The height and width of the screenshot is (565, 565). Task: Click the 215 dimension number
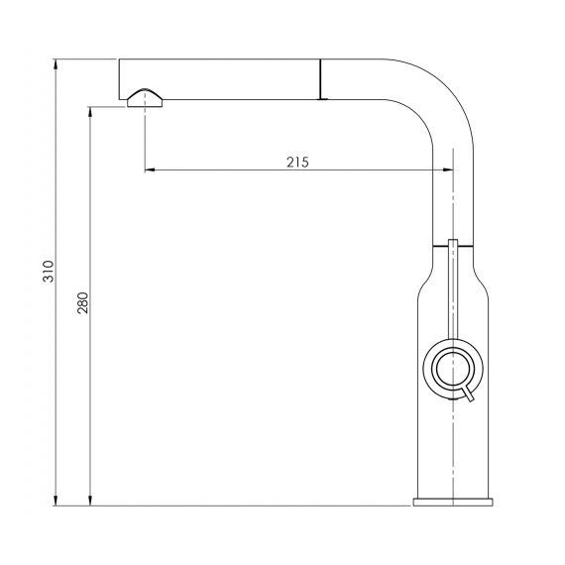(x=297, y=163)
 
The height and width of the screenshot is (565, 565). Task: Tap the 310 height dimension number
(x=49, y=272)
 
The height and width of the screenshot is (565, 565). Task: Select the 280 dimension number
(x=83, y=302)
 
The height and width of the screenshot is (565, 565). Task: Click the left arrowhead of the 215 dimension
(x=150, y=169)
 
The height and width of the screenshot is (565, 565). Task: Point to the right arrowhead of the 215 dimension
(x=448, y=169)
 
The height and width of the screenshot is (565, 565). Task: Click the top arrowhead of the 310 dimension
(x=56, y=64)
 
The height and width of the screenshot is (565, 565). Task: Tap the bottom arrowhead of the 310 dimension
(x=56, y=501)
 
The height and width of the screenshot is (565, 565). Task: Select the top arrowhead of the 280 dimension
(x=90, y=112)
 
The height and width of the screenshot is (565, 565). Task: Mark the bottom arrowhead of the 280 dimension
(x=90, y=501)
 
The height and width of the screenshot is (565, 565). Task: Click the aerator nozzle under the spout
(x=145, y=98)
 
